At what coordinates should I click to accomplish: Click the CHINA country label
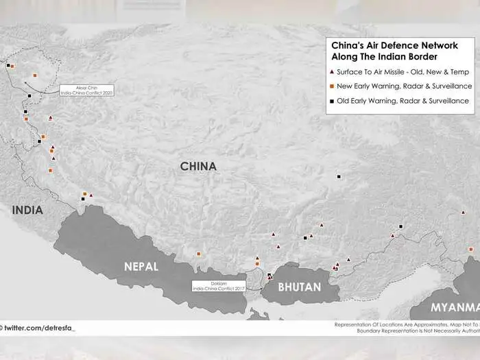point(198,166)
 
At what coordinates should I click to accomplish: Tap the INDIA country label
point(27,210)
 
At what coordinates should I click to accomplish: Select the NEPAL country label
point(141,266)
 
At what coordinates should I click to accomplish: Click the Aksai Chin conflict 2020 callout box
point(86,90)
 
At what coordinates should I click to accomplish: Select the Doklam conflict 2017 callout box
point(219,287)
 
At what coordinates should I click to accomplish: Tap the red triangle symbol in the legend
point(332,71)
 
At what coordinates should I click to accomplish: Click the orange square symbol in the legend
point(332,86)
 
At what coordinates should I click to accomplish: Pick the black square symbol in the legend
point(332,101)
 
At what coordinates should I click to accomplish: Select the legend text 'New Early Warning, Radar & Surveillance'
point(404,86)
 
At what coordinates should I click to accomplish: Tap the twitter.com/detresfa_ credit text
point(40,328)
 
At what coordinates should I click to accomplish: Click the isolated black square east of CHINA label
point(339,177)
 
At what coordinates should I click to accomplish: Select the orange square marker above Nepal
point(199,254)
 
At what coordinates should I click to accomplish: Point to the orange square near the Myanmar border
point(470,249)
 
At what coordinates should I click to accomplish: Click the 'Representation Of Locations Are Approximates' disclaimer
point(405,324)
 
